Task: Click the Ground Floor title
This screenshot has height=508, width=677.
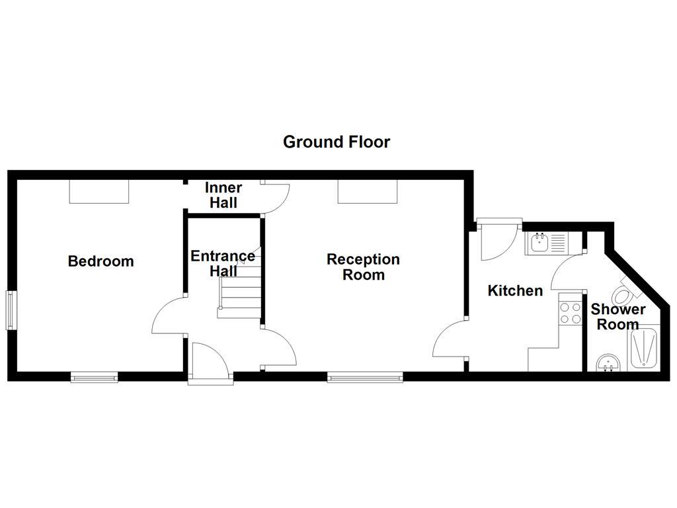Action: (337, 142)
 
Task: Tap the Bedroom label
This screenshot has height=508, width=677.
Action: (100, 261)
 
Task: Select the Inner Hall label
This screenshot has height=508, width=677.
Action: (223, 196)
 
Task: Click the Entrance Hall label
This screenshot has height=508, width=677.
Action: (223, 263)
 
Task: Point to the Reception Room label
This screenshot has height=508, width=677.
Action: (363, 267)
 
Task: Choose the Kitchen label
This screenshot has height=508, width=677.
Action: (515, 290)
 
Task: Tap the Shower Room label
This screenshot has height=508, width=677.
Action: (617, 316)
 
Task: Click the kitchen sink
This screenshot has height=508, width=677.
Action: (546, 243)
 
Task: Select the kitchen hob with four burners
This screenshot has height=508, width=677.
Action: (569, 312)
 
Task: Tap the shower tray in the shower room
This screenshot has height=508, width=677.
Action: (643, 347)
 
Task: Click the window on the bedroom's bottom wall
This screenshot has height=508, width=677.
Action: (95, 378)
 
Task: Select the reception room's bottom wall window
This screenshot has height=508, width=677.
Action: (365, 378)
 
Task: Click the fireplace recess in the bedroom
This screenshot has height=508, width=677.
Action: (99, 192)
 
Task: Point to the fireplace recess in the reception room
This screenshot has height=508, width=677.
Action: (368, 192)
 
